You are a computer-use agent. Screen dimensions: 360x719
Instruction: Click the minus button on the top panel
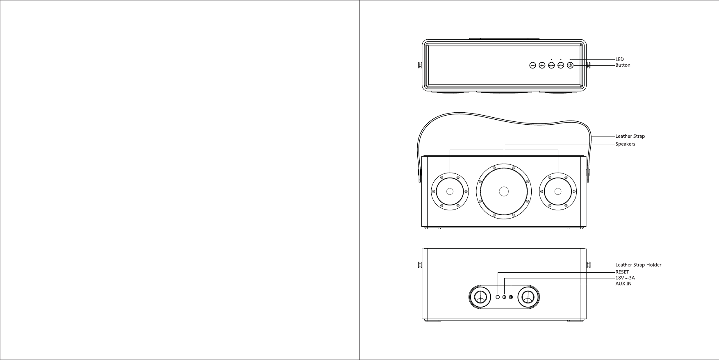532,65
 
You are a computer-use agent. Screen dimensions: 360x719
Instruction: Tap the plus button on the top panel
542,65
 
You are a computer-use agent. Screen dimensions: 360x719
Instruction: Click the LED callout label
619,59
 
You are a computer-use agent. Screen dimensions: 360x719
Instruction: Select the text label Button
623,65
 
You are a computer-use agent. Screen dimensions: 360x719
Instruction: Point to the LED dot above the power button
570,60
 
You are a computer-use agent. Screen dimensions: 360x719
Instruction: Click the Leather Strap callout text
630,136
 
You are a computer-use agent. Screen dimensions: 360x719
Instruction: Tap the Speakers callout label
625,144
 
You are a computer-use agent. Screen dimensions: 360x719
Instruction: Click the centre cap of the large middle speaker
504,191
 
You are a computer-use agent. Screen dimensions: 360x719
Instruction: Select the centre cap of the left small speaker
450,191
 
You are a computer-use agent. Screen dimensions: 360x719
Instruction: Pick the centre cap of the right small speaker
557,191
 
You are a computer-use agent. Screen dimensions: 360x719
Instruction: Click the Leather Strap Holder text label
638,265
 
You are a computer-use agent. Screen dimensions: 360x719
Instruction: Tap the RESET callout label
622,272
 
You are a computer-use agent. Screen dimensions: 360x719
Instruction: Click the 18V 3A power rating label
625,278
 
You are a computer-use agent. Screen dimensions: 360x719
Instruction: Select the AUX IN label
623,283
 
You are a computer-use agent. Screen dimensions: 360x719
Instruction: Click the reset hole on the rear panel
498,297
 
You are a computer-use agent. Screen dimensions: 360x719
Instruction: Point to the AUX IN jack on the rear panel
511,297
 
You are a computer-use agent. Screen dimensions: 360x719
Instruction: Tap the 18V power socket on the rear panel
504,297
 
